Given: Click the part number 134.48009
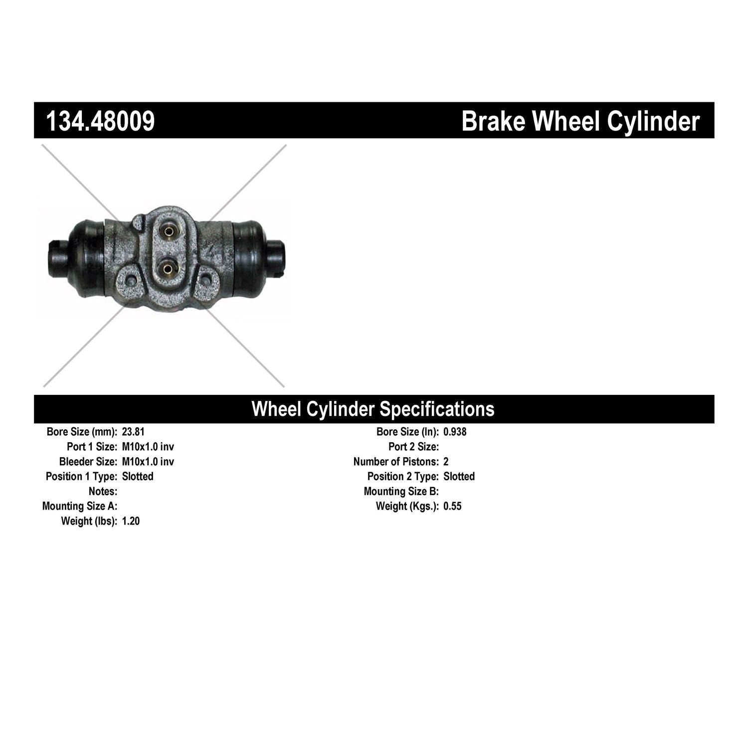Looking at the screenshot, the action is [x=100, y=121].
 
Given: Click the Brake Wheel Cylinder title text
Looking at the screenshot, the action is [x=580, y=121].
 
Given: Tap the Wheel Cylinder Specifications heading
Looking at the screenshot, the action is [x=373, y=409].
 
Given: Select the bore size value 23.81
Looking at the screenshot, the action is [x=133, y=432].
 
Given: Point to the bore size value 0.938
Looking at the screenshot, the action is [x=455, y=432].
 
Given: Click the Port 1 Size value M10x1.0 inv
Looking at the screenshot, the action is [x=148, y=447].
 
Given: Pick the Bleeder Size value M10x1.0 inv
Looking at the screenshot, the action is [x=148, y=462].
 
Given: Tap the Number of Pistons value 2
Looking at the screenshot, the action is [x=446, y=462].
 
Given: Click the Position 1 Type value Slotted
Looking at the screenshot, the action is [x=138, y=477].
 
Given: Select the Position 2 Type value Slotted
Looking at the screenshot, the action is [x=459, y=477].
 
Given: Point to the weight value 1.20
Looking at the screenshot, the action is [x=131, y=522].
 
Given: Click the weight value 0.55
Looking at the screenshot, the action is [x=452, y=507].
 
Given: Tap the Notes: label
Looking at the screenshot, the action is [x=103, y=492].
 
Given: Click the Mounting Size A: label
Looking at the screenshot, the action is [x=80, y=507].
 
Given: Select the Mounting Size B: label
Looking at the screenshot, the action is [x=401, y=492].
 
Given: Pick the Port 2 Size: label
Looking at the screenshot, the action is [x=414, y=447].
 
